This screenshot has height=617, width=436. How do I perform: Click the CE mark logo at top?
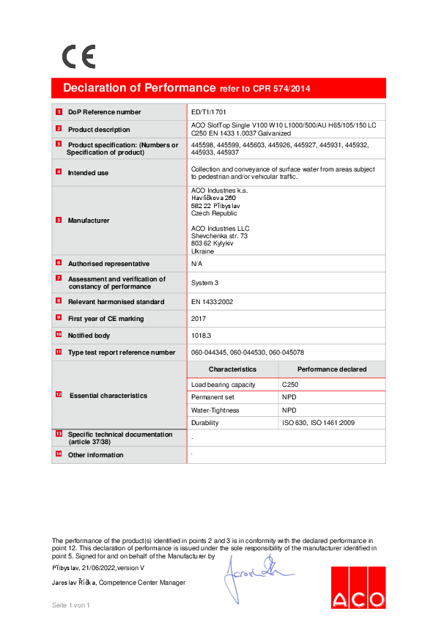(x=78, y=56)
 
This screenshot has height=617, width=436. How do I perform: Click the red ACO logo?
(x=358, y=587)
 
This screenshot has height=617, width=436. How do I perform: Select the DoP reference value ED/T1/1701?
(x=209, y=112)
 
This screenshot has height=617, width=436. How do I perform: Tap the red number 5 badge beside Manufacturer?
(x=59, y=220)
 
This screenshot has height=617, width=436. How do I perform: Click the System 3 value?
(x=204, y=282)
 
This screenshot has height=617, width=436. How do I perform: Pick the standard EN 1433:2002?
(x=212, y=301)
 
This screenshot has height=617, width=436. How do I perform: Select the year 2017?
(x=199, y=319)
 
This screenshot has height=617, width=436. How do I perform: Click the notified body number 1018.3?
(x=202, y=335)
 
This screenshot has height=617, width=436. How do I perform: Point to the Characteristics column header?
(x=232, y=369)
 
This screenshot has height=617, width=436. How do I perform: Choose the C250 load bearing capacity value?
(x=290, y=384)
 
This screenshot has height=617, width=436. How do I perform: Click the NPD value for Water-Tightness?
(x=289, y=410)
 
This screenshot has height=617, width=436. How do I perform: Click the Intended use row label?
(x=88, y=173)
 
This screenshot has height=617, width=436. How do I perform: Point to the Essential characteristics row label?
(x=108, y=396)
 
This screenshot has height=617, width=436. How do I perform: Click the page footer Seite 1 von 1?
(x=70, y=605)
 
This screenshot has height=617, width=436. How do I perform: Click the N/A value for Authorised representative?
(x=196, y=263)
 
